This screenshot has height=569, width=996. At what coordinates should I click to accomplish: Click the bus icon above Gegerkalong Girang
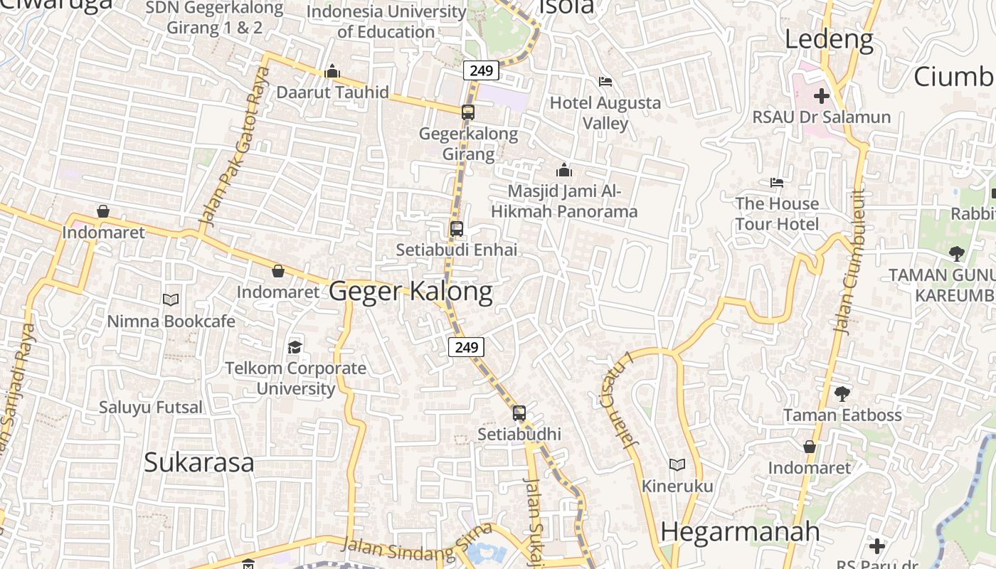click(x=467, y=112)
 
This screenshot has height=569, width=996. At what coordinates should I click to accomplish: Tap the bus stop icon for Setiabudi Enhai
click(x=457, y=229)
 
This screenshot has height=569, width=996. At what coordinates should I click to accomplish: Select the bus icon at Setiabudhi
click(x=519, y=413)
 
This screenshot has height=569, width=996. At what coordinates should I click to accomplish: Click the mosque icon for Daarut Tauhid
click(x=332, y=71)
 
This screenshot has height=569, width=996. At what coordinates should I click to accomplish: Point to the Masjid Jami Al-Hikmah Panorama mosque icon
click(x=564, y=170)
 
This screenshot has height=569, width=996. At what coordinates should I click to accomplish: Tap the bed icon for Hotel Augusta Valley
click(x=605, y=81)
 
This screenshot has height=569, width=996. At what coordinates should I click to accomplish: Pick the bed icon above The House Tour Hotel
click(x=777, y=183)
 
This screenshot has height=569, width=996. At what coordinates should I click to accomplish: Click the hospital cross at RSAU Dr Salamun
click(x=822, y=95)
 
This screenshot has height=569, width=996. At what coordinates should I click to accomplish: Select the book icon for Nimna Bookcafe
click(x=171, y=299)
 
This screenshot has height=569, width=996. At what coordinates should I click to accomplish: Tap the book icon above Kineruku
click(x=677, y=464)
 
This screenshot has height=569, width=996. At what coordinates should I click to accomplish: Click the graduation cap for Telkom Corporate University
click(x=295, y=347)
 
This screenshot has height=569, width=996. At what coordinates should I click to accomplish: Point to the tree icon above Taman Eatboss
click(x=842, y=393)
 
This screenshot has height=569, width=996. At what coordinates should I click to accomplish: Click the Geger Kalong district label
click(x=410, y=292)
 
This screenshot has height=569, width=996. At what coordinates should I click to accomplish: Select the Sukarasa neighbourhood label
click(x=198, y=462)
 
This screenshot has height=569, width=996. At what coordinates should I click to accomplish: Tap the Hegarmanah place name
click(x=740, y=531)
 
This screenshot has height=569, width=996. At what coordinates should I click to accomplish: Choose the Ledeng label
click(x=829, y=39)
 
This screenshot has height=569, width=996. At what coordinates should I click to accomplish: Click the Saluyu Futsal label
click(x=151, y=408)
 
